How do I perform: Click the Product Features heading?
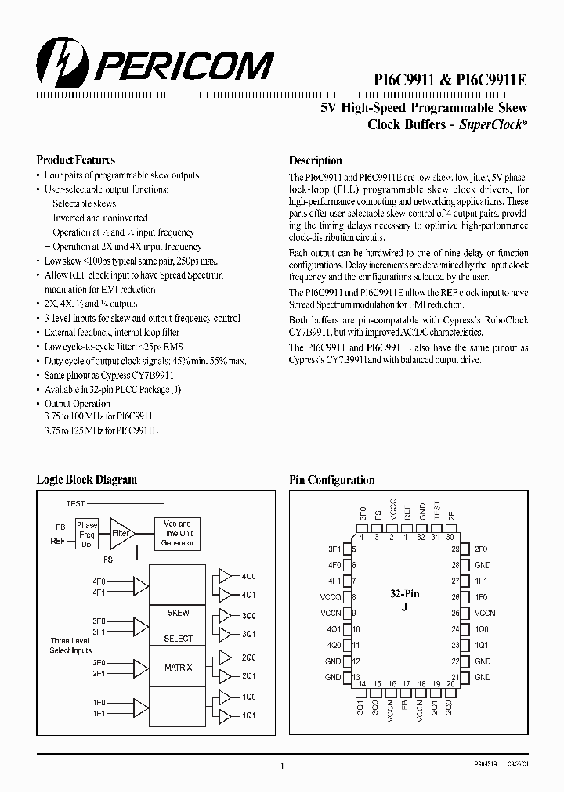click(x=76, y=160)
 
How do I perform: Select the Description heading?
click(x=316, y=160)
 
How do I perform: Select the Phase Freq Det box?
click(x=87, y=535)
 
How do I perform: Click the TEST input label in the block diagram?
click(x=76, y=503)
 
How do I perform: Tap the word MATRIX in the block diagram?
click(x=178, y=668)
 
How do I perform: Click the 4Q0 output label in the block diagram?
click(x=249, y=576)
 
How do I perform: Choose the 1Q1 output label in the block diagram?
click(x=249, y=715)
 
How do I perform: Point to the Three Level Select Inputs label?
click(x=70, y=645)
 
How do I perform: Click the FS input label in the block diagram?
click(x=107, y=560)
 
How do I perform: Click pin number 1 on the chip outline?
click(x=406, y=536)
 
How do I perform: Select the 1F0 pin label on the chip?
click(x=483, y=596)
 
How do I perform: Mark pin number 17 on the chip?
click(x=407, y=683)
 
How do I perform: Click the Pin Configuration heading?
click(x=332, y=480)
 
